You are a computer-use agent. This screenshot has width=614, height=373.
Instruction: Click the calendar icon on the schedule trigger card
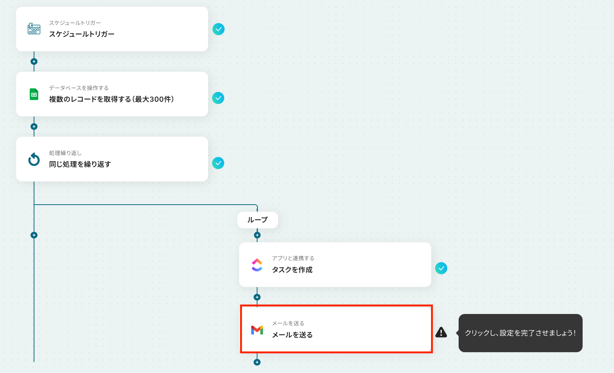click(34, 29)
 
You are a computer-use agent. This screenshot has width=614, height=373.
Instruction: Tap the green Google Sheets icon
click(34, 94)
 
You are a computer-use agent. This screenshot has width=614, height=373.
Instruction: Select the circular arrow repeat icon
click(34, 159)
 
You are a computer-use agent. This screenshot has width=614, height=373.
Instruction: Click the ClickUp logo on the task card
click(257, 265)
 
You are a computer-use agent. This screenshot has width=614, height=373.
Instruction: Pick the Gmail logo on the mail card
click(257, 330)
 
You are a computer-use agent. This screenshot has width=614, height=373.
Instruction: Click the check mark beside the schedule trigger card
click(219, 29)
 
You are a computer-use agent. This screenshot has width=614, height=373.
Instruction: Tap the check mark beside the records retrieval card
click(218, 98)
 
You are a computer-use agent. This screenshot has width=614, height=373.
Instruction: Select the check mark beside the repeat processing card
click(218, 163)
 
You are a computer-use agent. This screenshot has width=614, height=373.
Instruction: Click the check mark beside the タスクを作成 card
click(441, 268)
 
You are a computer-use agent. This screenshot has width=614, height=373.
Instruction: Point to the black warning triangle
click(441, 333)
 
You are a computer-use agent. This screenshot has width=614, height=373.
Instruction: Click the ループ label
click(258, 220)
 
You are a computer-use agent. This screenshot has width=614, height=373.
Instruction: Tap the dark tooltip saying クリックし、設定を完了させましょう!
click(521, 333)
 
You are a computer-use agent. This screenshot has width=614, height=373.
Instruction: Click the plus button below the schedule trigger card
click(34, 61)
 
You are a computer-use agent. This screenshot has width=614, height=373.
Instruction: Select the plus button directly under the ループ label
click(257, 235)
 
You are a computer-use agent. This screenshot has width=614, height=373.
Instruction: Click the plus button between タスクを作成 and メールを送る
click(257, 297)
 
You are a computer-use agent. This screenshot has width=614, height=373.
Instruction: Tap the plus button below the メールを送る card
click(257, 362)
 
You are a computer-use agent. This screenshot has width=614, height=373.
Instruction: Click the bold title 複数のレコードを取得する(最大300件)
click(112, 99)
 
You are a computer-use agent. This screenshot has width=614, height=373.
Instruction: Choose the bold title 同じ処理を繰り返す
click(80, 164)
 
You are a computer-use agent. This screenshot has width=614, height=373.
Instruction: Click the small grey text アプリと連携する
click(293, 258)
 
